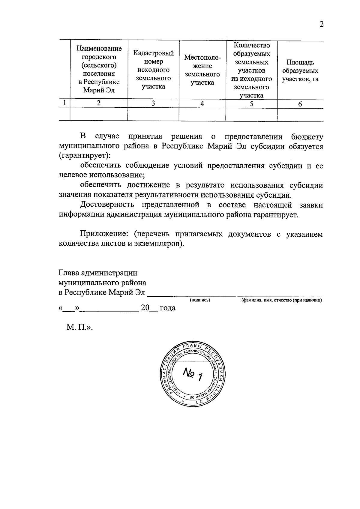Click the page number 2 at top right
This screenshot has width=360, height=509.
(321, 25)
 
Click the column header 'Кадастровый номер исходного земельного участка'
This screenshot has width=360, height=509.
(153, 70)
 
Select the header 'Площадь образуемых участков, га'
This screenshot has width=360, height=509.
(300, 71)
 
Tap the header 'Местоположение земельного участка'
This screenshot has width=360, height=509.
(202, 70)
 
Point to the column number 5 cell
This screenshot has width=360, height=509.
(251, 103)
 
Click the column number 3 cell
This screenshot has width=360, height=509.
(153, 103)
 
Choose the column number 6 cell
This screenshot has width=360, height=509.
(300, 104)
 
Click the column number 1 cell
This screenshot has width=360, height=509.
(64, 103)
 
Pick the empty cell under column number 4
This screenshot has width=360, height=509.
(202, 114)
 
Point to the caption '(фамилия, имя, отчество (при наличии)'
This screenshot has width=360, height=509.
(281, 300)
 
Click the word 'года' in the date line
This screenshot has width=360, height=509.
(167, 308)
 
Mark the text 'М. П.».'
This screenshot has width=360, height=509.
(79, 327)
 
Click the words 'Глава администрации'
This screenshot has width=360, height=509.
(98, 273)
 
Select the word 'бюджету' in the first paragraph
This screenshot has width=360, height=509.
(307, 137)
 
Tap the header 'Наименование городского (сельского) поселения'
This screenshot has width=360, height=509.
(99, 69)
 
